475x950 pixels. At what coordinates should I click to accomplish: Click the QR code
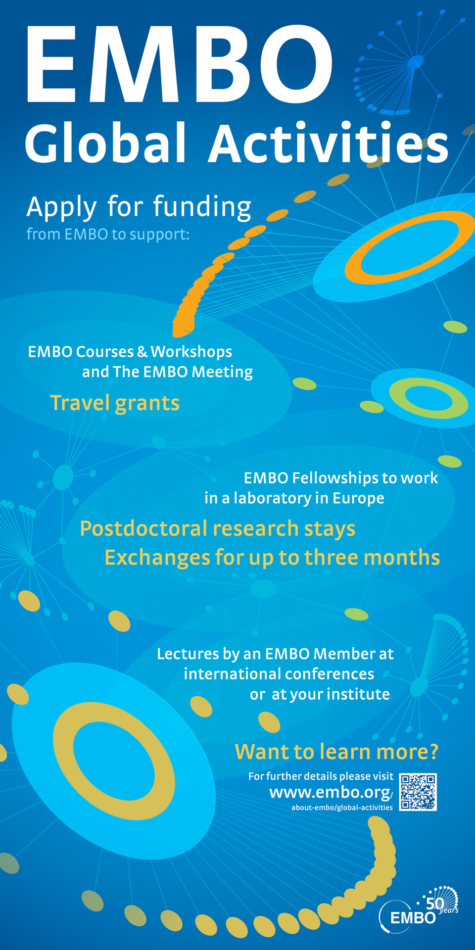pyautogui.click(x=418, y=792)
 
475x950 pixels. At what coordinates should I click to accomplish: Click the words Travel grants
pyautogui.click(x=115, y=403)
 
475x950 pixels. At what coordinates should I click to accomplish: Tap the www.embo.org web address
pyautogui.click(x=331, y=793)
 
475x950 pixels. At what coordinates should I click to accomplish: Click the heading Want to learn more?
pyautogui.click(x=336, y=752)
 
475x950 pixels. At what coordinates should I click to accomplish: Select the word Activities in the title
pyautogui.click(x=329, y=142)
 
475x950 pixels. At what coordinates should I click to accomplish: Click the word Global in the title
pyautogui.click(x=105, y=142)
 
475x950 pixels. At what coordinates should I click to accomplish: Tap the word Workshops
pyautogui.click(x=191, y=352)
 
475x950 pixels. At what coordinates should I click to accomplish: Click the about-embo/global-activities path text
pyautogui.click(x=342, y=807)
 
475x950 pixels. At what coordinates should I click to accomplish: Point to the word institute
pyautogui.click(x=358, y=694)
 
